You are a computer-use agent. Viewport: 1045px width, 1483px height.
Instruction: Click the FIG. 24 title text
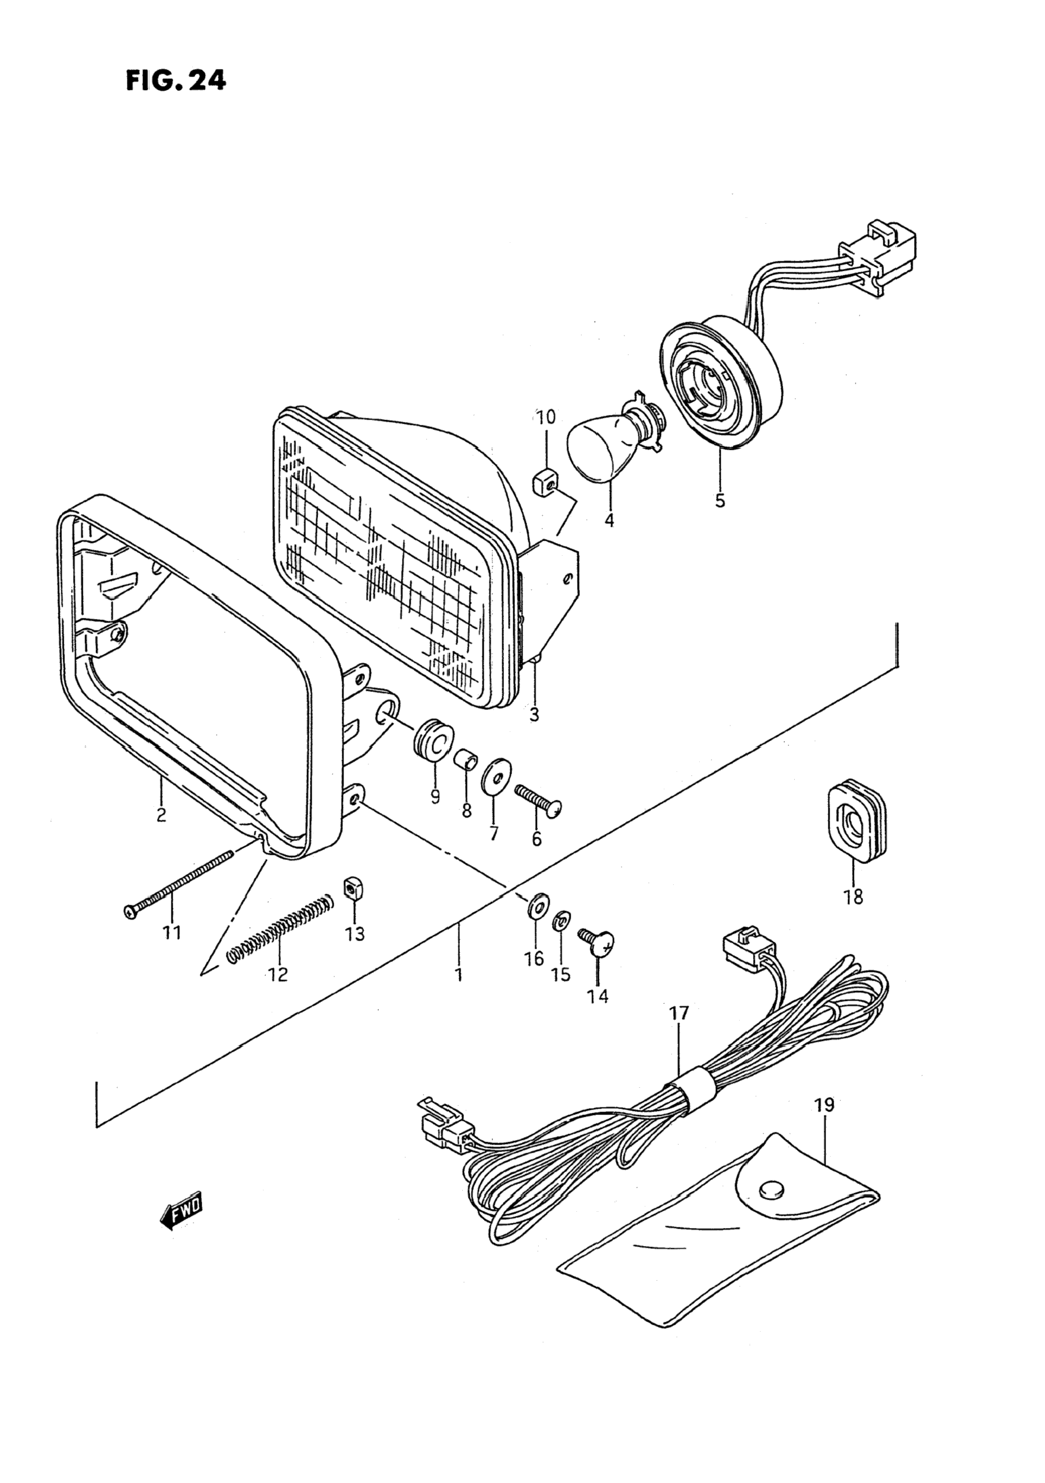(x=176, y=81)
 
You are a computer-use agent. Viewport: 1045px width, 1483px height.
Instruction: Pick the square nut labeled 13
(x=352, y=890)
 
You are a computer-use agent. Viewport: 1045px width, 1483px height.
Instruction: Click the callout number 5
(x=719, y=500)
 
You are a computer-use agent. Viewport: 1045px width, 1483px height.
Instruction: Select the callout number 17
(x=679, y=1014)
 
